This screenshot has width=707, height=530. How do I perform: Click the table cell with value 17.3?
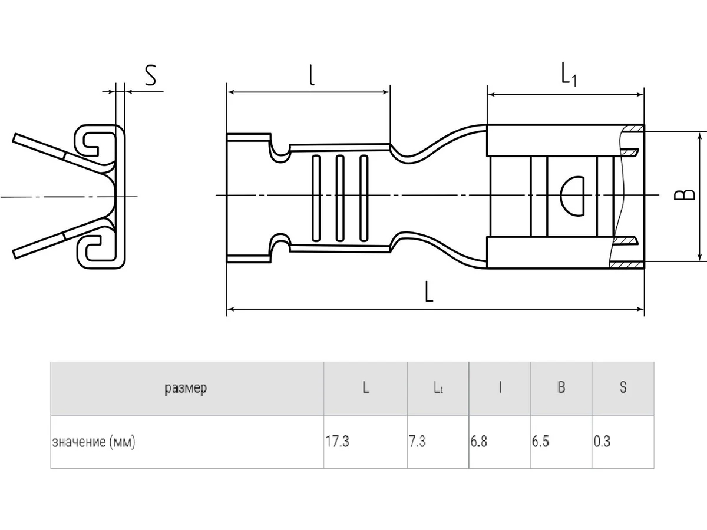tap(337, 442)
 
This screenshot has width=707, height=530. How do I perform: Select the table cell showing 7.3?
tap(417, 442)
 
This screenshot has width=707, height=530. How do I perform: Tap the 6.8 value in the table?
tap(479, 442)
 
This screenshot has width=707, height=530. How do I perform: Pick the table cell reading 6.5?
tap(540, 442)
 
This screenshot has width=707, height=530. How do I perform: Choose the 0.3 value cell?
tap(602, 442)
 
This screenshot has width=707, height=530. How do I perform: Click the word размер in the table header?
tap(186, 388)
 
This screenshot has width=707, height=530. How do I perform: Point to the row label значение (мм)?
tap(94, 442)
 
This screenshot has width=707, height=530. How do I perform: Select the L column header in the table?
tap(366, 388)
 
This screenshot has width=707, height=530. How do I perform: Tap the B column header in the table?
tap(561, 388)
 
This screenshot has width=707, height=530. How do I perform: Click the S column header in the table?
tap(623, 388)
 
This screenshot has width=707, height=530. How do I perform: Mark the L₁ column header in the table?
tap(438, 388)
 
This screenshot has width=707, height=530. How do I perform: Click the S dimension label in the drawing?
tap(151, 76)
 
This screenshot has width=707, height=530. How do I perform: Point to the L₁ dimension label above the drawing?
tap(567, 75)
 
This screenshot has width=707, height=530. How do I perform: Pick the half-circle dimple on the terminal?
tap(572, 196)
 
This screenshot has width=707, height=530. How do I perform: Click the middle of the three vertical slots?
tap(339, 198)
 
